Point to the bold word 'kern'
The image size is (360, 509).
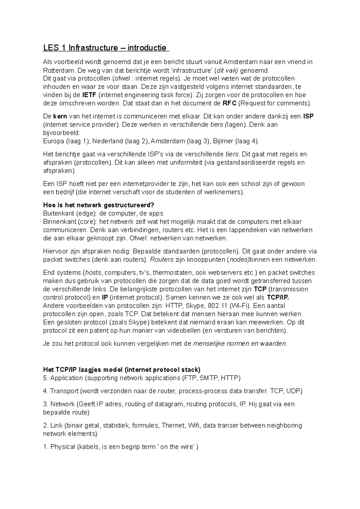coord(60,116)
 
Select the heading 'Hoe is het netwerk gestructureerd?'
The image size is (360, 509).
coord(98,205)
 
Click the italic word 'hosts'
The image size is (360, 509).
coord(93,273)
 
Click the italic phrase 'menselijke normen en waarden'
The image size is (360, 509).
coord(240,344)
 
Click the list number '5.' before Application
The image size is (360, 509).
coord(46,378)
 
